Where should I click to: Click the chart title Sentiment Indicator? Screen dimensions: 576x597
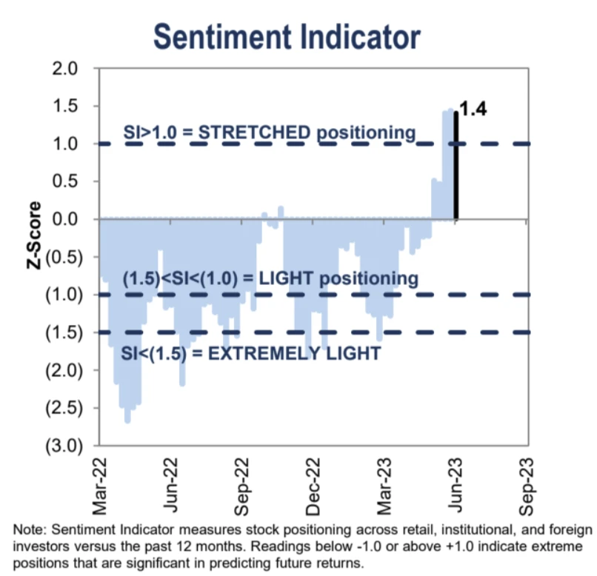(x=286, y=36)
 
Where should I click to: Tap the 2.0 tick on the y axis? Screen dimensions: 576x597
(x=65, y=69)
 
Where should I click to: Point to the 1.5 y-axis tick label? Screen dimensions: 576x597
(x=65, y=107)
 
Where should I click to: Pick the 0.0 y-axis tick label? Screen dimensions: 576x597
(x=65, y=219)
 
